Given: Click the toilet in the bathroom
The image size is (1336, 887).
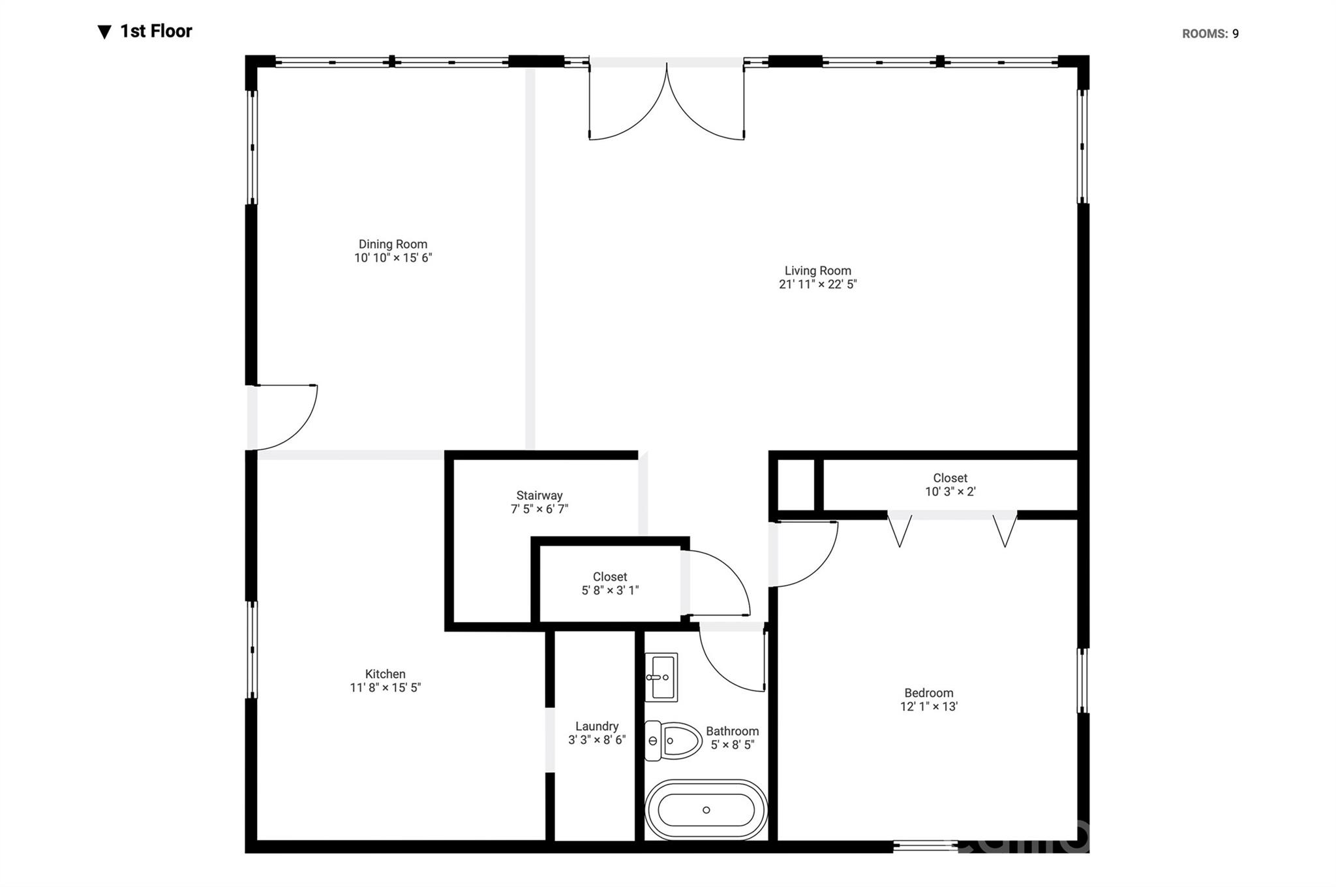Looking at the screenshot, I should click(x=672, y=741).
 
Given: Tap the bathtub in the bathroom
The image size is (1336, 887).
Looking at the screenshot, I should click(x=706, y=810).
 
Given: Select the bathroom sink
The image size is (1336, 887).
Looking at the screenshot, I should click(x=661, y=677).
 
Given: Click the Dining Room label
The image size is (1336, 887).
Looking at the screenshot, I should click(x=393, y=244).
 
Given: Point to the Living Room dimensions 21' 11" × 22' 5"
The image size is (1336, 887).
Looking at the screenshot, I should click(x=817, y=284).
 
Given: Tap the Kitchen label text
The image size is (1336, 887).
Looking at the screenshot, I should click(x=385, y=674).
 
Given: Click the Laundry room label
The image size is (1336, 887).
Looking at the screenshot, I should click(x=596, y=726).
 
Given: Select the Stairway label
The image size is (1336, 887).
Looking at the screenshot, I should click(x=539, y=495).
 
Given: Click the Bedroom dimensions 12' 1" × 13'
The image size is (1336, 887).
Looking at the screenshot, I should click(x=928, y=706).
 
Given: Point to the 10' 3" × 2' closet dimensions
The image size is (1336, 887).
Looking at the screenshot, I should click(x=950, y=491).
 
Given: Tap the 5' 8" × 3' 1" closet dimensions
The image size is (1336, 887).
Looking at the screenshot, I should click(x=609, y=590).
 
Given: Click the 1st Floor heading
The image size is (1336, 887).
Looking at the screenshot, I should click(x=156, y=31).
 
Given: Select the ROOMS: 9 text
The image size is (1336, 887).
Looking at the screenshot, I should click(x=1209, y=34).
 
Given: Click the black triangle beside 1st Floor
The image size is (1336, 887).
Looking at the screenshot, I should click(x=104, y=32).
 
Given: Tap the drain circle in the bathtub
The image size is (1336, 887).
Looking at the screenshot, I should click(x=706, y=810).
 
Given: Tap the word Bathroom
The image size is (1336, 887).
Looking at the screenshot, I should click(x=732, y=731).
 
